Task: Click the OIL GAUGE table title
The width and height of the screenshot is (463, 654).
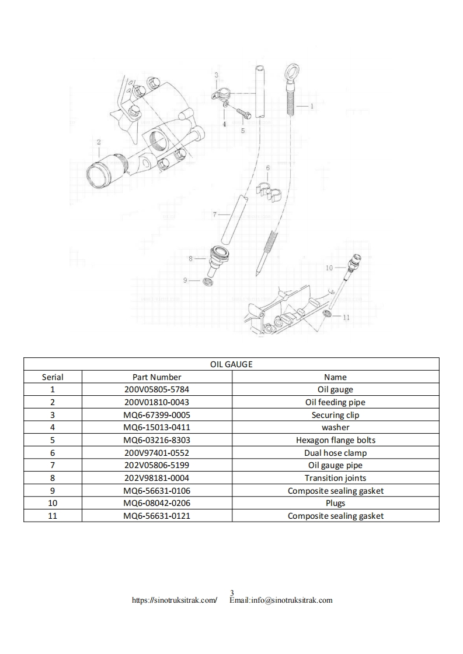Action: pyautogui.click(x=231, y=364)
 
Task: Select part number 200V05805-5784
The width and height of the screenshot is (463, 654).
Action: pyautogui.click(x=157, y=389)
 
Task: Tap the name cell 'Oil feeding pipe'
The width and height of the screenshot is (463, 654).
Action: pyautogui.click(x=335, y=402)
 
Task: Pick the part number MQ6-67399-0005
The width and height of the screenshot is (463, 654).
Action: pyautogui.click(x=157, y=415)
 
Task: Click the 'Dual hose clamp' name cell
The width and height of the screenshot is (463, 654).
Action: pyautogui.click(x=335, y=453)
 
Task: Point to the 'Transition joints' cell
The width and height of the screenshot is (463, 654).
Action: pyautogui.click(x=335, y=478)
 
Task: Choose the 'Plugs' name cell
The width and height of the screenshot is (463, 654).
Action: pyautogui.click(x=335, y=503)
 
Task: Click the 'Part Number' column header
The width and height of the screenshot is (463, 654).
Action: pyautogui.click(x=157, y=377)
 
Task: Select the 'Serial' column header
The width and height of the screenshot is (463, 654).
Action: pyautogui.click(x=53, y=377)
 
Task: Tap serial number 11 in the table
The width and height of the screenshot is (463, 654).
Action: pyautogui.click(x=53, y=516)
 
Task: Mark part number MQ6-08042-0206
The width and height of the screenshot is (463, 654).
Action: pyautogui.click(x=157, y=503)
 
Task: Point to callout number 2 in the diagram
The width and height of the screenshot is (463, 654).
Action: pyautogui.click(x=99, y=142)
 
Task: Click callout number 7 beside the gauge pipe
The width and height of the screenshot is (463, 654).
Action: pyautogui.click(x=215, y=215)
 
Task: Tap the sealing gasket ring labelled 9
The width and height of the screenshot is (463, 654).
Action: pyautogui.click(x=207, y=282)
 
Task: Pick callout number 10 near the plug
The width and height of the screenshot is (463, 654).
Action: pyautogui.click(x=329, y=268)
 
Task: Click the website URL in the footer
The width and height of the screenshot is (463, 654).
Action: pyautogui.click(x=175, y=600)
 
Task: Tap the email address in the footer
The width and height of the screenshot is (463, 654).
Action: pyautogui.click(x=281, y=600)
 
